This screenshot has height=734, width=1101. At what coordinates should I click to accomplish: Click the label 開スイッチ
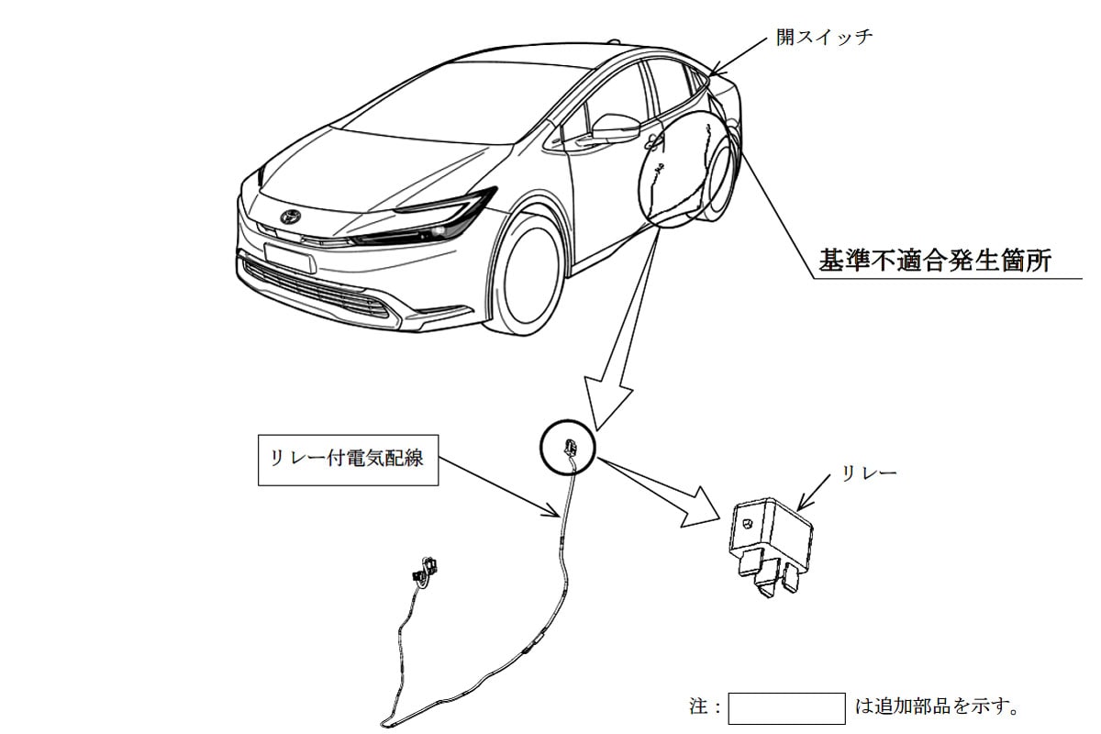(x=824, y=39)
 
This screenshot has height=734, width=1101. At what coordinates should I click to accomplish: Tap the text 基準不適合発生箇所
(x=935, y=261)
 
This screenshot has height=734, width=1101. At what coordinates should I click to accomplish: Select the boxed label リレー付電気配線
(x=347, y=458)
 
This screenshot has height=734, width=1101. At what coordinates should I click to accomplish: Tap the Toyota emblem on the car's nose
(x=292, y=217)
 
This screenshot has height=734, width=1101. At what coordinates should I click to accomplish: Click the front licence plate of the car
(x=290, y=256)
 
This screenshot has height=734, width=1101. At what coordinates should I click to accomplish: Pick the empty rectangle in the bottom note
(x=785, y=708)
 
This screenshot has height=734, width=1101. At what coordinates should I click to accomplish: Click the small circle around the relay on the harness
(x=569, y=447)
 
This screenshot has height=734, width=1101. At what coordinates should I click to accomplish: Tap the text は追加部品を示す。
(x=936, y=708)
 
